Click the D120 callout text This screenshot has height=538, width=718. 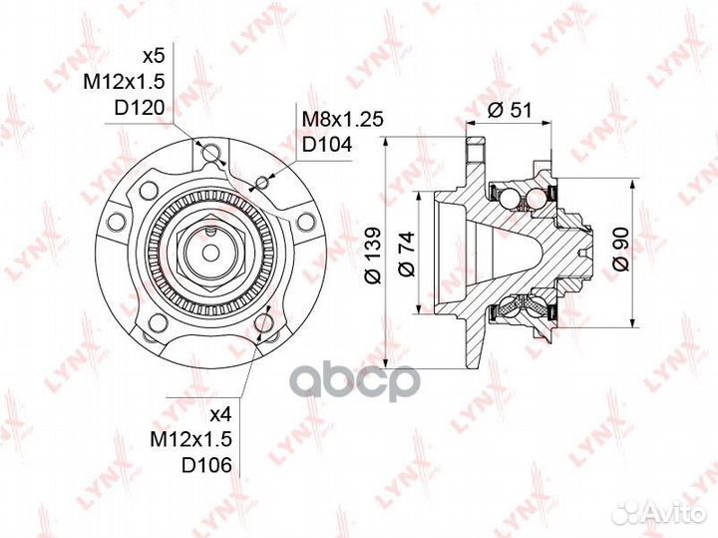click(x=138, y=108)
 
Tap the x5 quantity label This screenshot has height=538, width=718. click(x=153, y=57)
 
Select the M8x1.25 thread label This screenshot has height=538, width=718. click(x=342, y=119)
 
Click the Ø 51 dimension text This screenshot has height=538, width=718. click(x=510, y=111)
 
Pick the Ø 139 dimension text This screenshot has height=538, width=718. click(x=372, y=255)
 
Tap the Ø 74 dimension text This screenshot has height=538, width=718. click(x=406, y=255)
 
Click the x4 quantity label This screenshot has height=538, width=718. click(x=221, y=414)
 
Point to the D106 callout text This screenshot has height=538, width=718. click(x=207, y=465)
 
